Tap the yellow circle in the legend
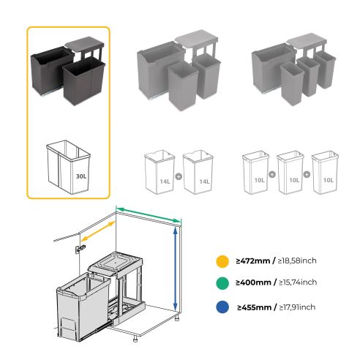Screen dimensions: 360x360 coord(220,261)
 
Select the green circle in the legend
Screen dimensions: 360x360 coord(220,282)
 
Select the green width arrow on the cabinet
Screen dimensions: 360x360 coord(150,215)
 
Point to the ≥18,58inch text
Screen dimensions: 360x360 coord(298,261)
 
